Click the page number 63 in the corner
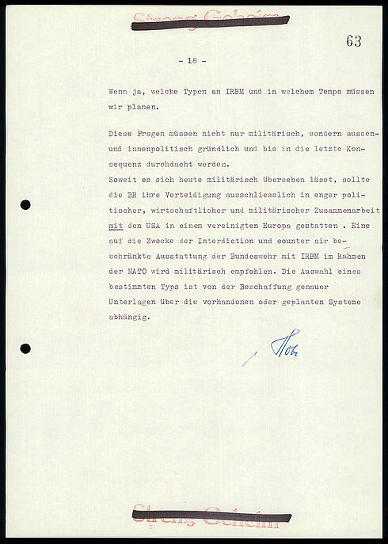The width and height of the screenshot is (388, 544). pos(353,41)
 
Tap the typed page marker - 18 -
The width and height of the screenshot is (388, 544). pos(192,61)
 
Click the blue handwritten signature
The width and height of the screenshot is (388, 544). pos(283,344)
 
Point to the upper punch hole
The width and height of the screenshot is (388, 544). pos(25,205)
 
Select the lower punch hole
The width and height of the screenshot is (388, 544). pos(25,348)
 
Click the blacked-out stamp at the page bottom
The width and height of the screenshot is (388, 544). pos(211,515)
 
